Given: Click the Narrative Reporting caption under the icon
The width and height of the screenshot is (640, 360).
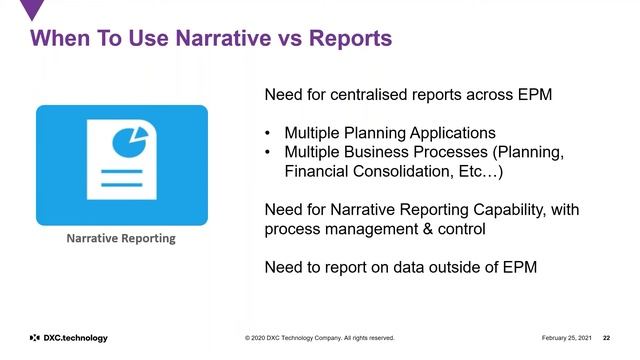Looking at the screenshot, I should pyautogui.click(x=121, y=238).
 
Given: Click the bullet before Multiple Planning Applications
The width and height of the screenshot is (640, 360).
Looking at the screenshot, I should pyautogui.click(x=268, y=133).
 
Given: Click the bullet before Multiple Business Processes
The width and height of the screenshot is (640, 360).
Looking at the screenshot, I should pyautogui.click(x=268, y=152).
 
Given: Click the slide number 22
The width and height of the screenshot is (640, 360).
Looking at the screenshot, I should pyautogui.click(x=606, y=338).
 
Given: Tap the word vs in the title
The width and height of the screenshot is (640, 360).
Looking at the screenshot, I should pyautogui.click(x=285, y=40).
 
